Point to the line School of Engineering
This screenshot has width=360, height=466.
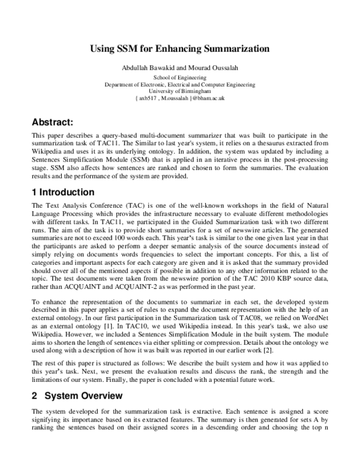pyautogui.click(x=179, y=77)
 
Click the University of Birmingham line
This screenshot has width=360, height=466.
pyautogui.click(x=179, y=91)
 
